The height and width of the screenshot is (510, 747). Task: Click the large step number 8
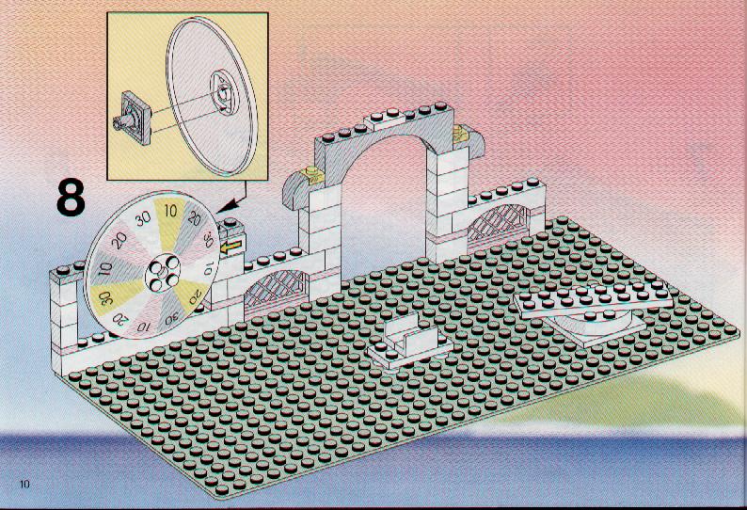pyautogui.click(x=71, y=198)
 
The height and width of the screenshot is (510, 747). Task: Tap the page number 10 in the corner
pyautogui.click(x=24, y=485)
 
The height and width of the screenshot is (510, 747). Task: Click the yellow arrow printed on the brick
pyautogui.click(x=232, y=247)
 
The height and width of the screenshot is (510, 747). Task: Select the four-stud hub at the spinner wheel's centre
pyautogui.click(x=162, y=272)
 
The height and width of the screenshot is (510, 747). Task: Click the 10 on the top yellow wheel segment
pyautogui.click(x=170, y=210)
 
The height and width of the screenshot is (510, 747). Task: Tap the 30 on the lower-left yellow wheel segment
pyautogui.click(x=105, y=299)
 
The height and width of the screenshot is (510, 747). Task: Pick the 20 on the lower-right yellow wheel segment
pyautogui.click(x=196, y=297)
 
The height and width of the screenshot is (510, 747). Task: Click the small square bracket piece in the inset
pyautogui.click(x=134, y=117)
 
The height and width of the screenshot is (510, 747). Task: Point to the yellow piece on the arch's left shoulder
pyautogui.click(x=312, y=175)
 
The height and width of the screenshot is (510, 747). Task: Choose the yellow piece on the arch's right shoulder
pyautogui.click(x=460, y=134)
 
